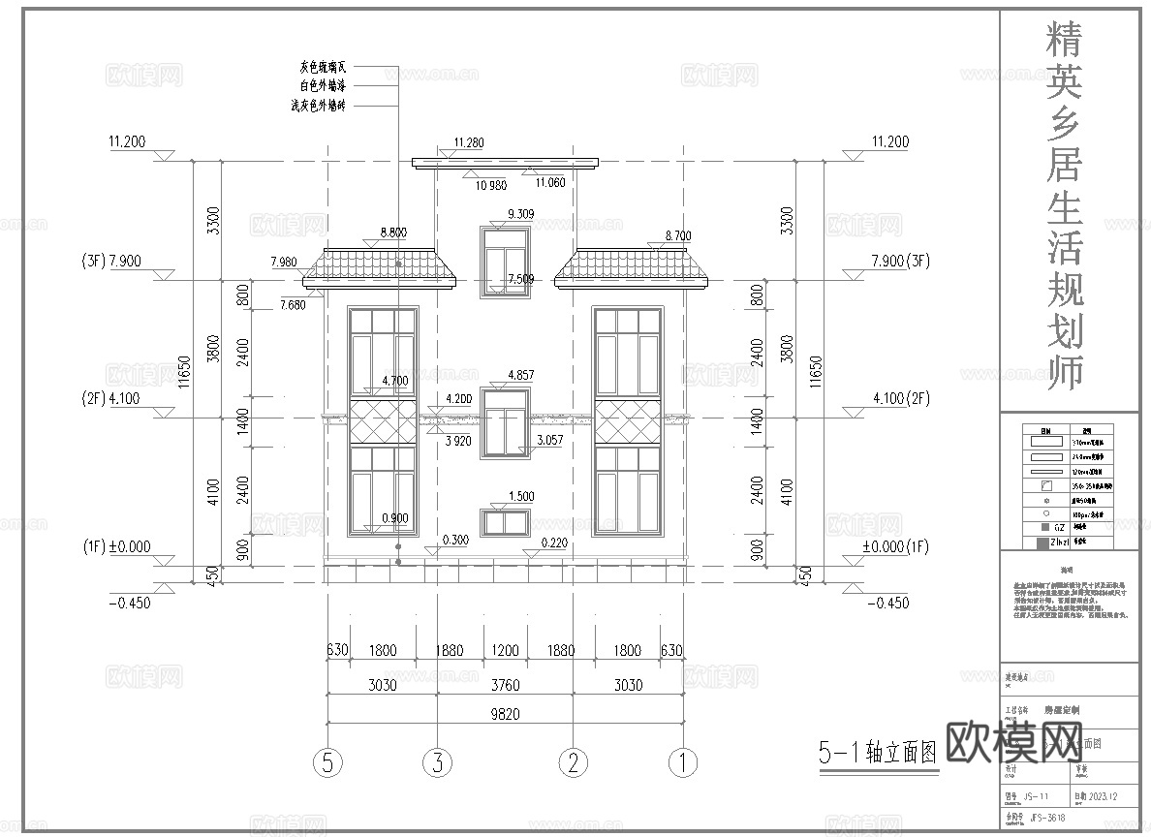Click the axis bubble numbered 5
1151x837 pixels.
[329, 763]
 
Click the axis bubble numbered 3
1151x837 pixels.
[438, 763]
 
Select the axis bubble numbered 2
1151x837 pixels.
[574, 763]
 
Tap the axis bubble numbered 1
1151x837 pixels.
[684, 763]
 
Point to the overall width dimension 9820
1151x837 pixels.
[506, 714]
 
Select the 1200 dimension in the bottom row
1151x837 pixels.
[506, 651]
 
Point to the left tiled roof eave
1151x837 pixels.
[381, 268]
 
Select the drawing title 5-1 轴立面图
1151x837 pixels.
[878, 752]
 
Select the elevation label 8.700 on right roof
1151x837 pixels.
[678, 235]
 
